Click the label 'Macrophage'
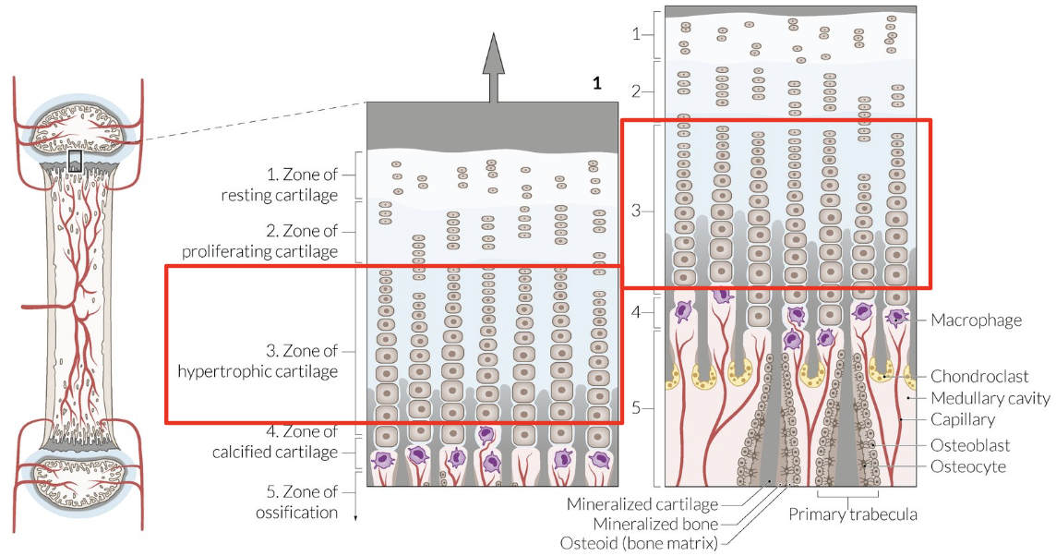point(976,320)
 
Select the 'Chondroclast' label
point(979,377)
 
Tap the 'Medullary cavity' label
point(990,398)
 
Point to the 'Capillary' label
point(963,420)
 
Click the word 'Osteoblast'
point(968,445)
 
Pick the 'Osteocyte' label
point(968,467)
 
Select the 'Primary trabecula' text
point(852,514)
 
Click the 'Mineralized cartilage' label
point(642,504)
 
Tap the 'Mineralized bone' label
point(654,525)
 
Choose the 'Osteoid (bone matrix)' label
point(639,543)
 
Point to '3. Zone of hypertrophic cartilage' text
point(258,361)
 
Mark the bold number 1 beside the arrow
point(597,84)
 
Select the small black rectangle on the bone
point(75,161)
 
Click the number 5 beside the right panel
point(637,407)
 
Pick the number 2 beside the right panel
point(637,91)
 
